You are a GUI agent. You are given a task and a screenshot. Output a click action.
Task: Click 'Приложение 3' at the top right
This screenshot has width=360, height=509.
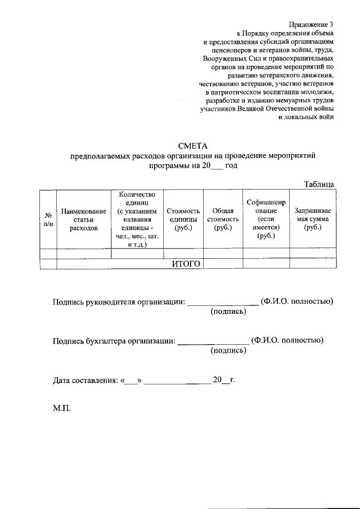click(311, 24)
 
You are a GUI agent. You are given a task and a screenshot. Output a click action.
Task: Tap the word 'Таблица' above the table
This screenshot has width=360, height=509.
click(319, 184)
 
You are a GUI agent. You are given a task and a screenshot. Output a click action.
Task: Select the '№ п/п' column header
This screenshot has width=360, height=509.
click(48, 219)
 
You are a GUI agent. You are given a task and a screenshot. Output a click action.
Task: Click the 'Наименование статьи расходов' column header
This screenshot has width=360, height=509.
click(84, 219)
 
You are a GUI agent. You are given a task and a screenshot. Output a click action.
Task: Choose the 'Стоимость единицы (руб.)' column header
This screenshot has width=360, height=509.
click(183, 219)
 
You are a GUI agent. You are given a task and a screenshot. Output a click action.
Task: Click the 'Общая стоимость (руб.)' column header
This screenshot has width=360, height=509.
click(223, 219)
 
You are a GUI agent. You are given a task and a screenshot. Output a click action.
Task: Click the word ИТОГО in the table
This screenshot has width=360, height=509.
click(186, 264)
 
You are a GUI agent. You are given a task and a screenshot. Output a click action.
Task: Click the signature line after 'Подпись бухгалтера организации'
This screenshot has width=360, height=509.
click(213, 341)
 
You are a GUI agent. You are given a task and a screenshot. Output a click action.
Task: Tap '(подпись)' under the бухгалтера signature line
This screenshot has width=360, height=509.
click(228, 350)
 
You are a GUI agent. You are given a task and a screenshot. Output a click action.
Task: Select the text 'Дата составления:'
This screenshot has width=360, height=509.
click(85, 380)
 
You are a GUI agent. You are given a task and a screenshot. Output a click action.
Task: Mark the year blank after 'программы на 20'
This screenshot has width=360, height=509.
click(216, 167)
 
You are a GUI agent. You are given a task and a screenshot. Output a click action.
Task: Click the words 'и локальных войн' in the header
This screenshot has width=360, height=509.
click(306, 118)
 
